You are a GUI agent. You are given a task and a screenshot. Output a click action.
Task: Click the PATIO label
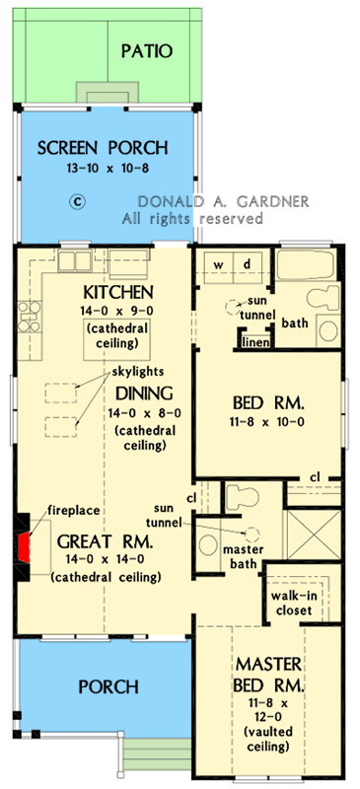point(146,50)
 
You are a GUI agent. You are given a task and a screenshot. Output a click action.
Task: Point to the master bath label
point(241,556)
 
